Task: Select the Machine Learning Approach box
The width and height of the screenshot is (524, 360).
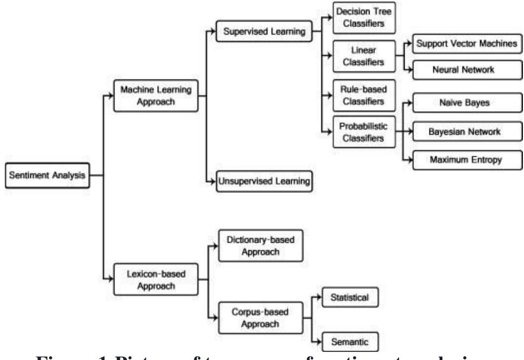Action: tap(156, 96)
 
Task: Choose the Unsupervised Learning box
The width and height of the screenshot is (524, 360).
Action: tap(265, 181)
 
